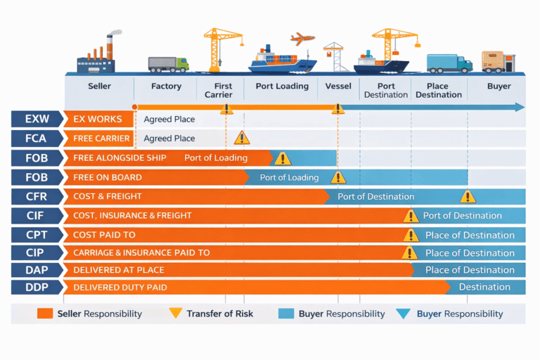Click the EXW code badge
click(37, 119)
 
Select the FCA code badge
click(37, 139)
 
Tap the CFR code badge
click(37, 197)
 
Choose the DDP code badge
click(37, 287)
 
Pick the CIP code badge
click(37, 252)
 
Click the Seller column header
click(99, 86)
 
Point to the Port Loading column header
click(281, 86)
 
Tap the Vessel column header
click(338, 86)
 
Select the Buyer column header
click(499, 86)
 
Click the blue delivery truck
click(449, 63)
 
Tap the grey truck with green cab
click(168, 64)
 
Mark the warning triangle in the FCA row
click(242, 138)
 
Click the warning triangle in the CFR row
click(468, 197)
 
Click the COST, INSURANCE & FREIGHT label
click(132, 216)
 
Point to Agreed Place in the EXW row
click(169, 120)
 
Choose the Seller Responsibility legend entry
click(90, 314)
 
